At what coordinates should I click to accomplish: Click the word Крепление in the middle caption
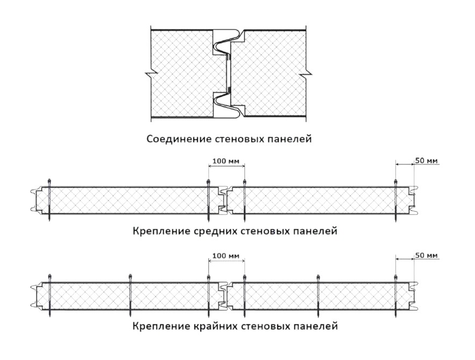pos(161,231)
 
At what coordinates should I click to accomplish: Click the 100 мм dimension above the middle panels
pos(226,161)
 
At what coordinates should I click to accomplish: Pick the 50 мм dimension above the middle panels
pos(427,161)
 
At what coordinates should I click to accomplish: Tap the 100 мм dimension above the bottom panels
pos(226,256)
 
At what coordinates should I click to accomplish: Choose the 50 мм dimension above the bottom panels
pos(427,256)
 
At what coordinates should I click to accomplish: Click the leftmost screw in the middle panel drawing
pos(49,200)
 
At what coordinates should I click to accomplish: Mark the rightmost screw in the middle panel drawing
pos(396,200)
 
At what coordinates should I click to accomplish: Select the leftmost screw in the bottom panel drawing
pos(49,295)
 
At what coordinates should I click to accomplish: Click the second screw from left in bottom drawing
pos(131,295)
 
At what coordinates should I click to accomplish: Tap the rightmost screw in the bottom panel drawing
pos(396,295)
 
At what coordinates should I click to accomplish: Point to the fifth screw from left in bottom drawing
pos(319,295)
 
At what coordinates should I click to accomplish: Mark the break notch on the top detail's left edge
pos(150,74)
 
